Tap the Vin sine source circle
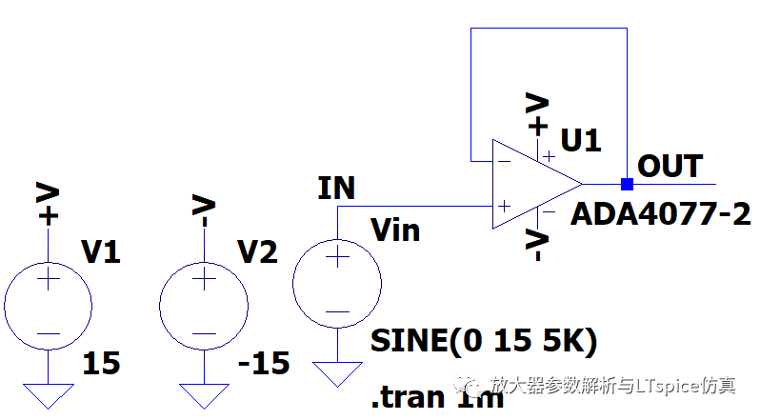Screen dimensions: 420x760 (x=337, y=283)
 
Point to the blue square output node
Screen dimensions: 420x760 (x=627, y=184)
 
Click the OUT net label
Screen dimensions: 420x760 (x=670, y=166)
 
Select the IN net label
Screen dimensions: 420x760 (x=336, y=189)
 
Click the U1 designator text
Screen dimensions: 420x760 (x=581, y=142)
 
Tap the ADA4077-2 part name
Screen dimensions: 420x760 (x=660, y=215)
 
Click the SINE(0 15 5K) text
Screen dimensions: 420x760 (x=484, y=340)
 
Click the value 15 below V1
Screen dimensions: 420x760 (x=101, y=364)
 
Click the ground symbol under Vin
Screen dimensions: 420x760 (x=337, y=373)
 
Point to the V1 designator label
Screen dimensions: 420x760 (x=102, y=251)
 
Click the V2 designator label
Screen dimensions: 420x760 (x=257, y=251)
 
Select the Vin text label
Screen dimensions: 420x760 (x=395, y=230)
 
